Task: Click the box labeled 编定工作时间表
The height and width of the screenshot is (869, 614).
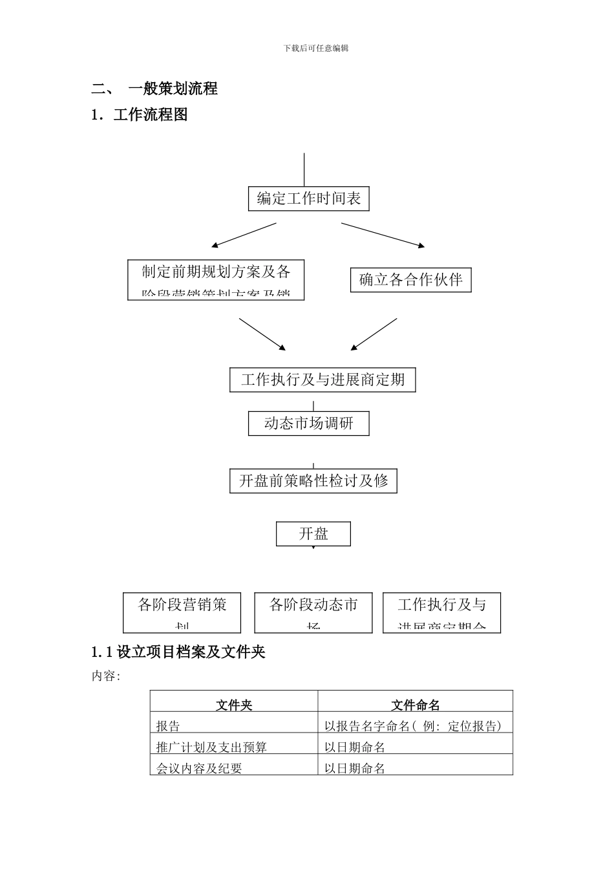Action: [308, 198]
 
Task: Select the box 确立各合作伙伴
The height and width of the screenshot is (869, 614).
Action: [410, 280]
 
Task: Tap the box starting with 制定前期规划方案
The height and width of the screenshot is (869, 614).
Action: [216, 279]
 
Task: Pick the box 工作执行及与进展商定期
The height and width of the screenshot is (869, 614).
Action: [323, 380]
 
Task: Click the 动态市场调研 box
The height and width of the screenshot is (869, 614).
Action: [308, 424]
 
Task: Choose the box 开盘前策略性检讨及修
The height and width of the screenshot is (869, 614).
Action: [313, 481]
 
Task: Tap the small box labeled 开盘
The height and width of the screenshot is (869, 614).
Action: [313, 534]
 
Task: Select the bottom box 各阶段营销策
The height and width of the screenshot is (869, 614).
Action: [182, 612]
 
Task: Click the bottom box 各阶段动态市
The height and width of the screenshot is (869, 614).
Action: [313, 612]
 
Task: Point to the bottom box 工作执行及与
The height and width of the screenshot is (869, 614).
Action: [441, 612]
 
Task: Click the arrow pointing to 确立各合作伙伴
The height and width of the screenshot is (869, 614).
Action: [383, 235]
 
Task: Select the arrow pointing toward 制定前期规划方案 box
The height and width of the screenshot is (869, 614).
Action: [244, 235]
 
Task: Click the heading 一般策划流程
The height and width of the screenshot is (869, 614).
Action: [173, 89]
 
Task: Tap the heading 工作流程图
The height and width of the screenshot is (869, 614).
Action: [151, 115]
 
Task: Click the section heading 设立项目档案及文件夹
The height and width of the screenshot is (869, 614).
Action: [191, 652]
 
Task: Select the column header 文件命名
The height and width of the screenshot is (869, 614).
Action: [415, 705]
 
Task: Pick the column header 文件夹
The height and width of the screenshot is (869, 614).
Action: [234, 705]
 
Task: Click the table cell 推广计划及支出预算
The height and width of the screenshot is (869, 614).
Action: [211, 747]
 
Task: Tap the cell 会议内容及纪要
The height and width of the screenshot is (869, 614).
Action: [199, 768]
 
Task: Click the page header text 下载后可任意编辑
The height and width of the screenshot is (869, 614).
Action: [316, 48]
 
